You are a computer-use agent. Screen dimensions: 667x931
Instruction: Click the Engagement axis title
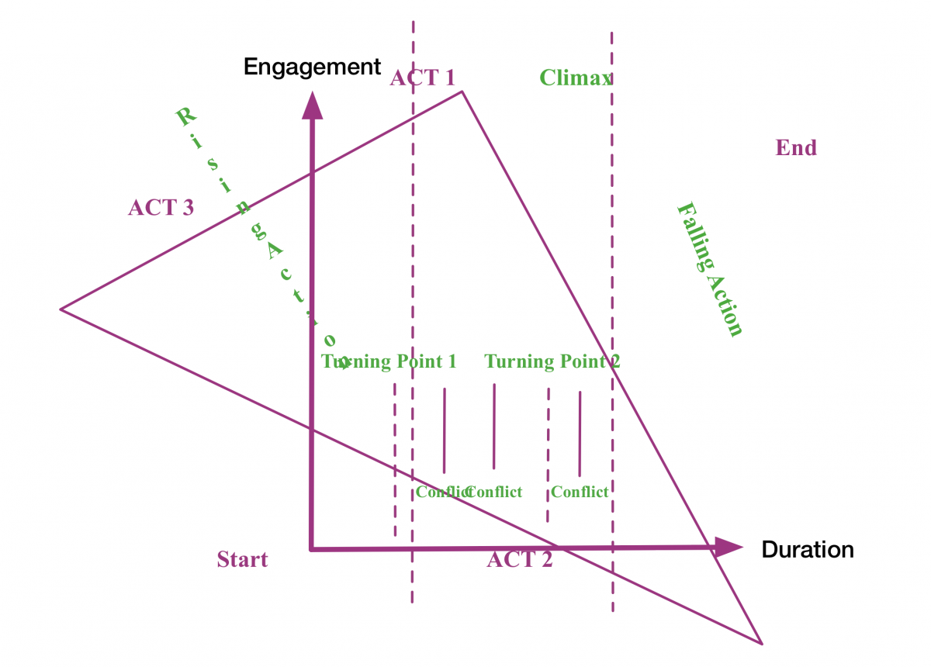tap(312, 67)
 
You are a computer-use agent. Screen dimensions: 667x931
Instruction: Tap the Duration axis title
tap(808, 550)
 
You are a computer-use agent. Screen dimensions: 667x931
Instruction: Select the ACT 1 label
tap(422, 78)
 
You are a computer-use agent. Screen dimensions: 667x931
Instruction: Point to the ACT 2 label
tap(520, 559)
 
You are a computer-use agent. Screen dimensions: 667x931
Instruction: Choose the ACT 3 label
tap(161, 208)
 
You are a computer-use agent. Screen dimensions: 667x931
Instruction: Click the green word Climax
tap(576, 78)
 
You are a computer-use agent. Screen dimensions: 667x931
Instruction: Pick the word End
tap(796, 147)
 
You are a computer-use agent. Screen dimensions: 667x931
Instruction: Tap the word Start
tap(242, 559)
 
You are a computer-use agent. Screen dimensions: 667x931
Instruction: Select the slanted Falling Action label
tap(710, 269)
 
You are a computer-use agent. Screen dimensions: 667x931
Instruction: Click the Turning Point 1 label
tap(389, 361)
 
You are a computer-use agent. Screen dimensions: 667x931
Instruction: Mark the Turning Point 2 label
tap(552, 361)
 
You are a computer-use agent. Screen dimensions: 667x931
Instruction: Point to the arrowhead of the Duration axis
tap(729, 548)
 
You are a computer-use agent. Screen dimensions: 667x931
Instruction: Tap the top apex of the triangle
tap(462, 92)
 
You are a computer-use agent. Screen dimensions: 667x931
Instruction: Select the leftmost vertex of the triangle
tap(61, 309)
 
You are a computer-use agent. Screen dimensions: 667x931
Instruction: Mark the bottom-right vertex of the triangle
tap(761, 643)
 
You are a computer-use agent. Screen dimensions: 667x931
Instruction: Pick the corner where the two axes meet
tap(312, 548)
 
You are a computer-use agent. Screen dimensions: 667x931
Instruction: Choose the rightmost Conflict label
tap(580, 492)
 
